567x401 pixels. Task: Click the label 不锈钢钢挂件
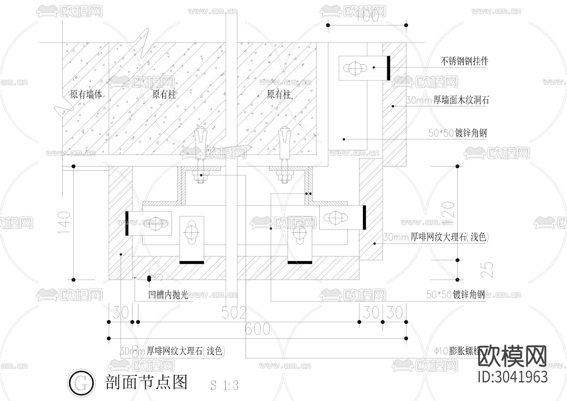[464, 61]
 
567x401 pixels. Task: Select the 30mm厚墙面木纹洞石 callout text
[447, 100]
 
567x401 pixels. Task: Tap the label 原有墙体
[86, 94]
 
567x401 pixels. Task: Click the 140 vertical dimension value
[65, 223]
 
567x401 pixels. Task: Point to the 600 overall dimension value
[257, 329]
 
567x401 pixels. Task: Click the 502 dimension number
[233, 312]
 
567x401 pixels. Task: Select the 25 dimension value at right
[488, 270]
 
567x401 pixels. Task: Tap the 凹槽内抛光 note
[168, 294]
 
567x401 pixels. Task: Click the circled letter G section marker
[81, 383]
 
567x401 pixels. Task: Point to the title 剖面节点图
[146, 382]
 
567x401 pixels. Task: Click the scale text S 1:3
[224, 386]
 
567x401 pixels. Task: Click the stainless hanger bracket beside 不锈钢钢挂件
[364, 68]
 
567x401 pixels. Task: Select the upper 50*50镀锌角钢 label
[457, 133]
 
